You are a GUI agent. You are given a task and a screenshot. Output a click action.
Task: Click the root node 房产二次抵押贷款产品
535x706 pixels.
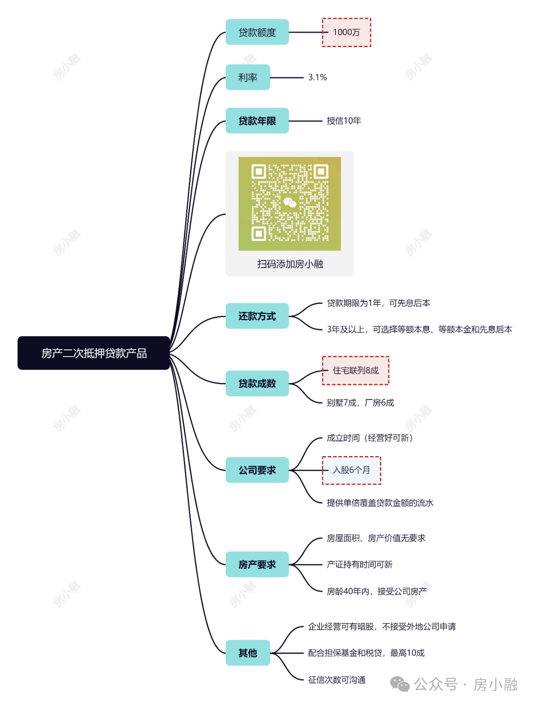point(94,353)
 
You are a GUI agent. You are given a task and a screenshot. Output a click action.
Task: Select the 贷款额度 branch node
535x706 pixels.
point(257,32)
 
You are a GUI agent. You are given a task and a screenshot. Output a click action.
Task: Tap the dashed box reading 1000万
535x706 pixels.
point(346,32)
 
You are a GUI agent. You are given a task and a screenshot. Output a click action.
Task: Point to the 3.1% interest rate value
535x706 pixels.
point(318,77)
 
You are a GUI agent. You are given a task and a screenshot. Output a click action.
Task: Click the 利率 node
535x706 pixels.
point(248,77)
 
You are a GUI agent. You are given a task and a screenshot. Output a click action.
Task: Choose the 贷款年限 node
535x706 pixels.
point(257,121)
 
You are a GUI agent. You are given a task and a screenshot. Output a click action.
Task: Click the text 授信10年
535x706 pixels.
point(344,121)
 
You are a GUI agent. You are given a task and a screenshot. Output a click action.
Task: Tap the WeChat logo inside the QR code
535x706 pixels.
point(290,203)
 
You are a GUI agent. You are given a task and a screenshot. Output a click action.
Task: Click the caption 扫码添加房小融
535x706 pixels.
point(290,264)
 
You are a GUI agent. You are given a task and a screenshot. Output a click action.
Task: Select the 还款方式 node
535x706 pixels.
point(257,316)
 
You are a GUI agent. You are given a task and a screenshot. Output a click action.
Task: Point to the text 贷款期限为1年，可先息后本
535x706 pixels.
point(378,303)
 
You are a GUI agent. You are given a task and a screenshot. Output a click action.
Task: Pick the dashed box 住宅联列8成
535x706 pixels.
point(356,370)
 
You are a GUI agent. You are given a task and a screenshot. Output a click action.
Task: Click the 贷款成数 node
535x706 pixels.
point(257,383)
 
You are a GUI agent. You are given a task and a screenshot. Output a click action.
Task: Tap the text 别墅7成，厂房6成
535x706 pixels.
point(360,403)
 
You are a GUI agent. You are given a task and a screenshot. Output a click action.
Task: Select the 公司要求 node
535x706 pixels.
point(257,470)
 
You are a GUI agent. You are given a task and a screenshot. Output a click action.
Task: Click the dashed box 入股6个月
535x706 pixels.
point(352,470)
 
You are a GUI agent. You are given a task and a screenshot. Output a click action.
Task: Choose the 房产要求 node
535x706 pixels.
point(257,565)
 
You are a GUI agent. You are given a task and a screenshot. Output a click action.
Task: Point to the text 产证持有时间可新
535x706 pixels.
point(359,565)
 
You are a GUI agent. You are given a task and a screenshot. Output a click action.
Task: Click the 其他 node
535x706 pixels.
point(248,653)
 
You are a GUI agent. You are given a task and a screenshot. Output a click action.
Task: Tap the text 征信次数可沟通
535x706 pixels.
point(337,680)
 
